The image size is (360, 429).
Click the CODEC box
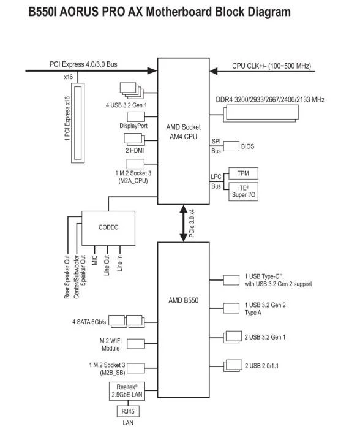[108, 228]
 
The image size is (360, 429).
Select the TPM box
[243, 173]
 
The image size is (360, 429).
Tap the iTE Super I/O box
[243, 191]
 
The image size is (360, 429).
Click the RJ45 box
[128, 411]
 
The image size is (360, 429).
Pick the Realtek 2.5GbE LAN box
[127, 392]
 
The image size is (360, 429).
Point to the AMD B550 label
[184, 300]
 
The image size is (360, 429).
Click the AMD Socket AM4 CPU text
[184, 132]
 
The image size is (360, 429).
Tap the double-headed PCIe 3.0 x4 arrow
[184, 223]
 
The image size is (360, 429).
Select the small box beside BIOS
[231, 146]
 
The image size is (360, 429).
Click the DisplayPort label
[133, 126]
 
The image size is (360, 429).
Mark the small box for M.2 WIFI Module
[136, 344]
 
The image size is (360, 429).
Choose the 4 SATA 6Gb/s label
[89, 322]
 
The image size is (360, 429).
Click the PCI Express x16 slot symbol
[78, 123]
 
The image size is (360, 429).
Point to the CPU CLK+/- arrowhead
[214, 71]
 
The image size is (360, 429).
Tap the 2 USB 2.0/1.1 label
[261, 366]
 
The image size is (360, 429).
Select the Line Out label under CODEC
[107, 265]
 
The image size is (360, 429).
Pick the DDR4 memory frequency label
[270, 99]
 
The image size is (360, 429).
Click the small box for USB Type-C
[231, 280]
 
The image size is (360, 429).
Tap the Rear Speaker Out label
[67, 277]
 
